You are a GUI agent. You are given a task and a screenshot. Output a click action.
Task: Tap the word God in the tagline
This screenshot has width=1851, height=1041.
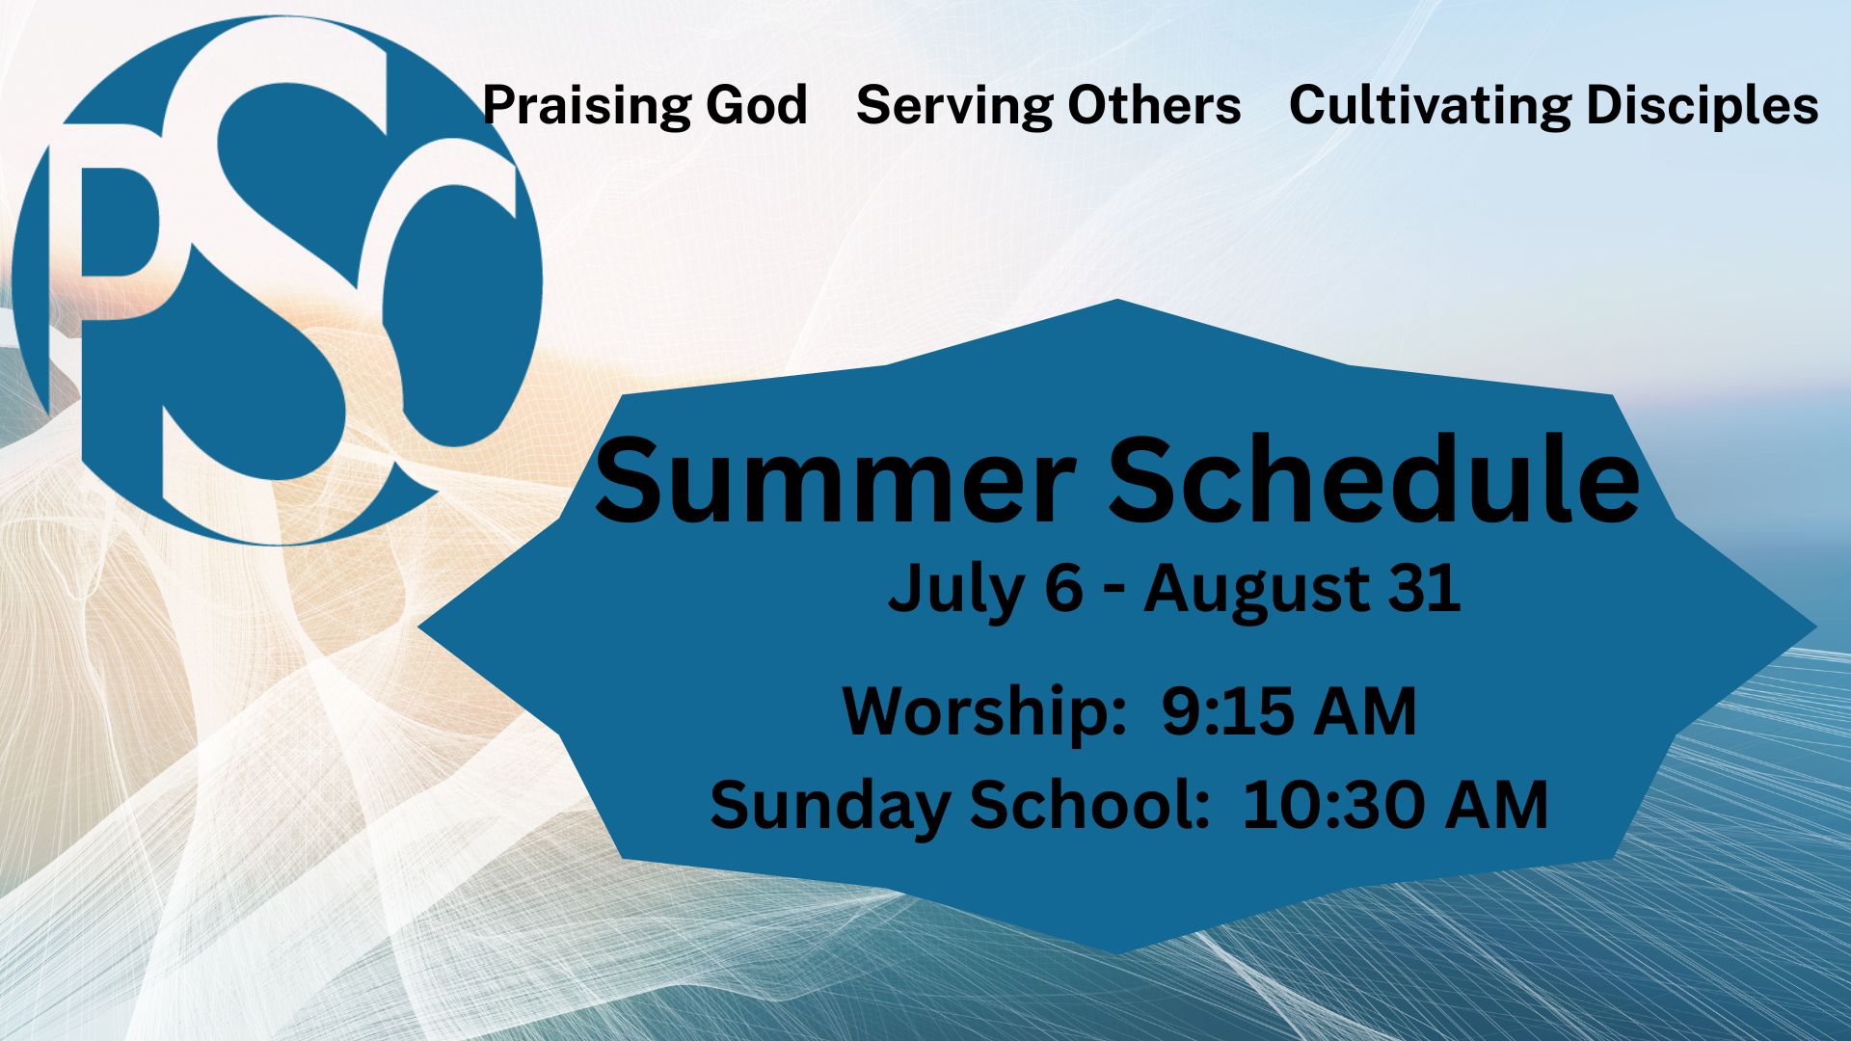click(757, 105)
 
